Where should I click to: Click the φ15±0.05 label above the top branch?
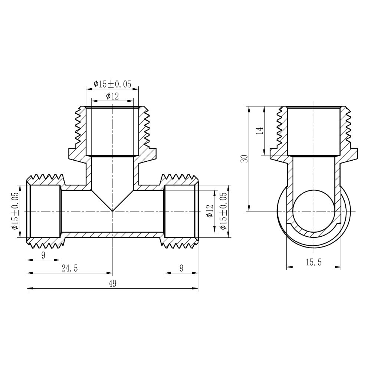pos(112,84)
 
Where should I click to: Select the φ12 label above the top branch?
pos(112,96)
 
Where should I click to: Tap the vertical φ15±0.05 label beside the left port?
pos(15,211)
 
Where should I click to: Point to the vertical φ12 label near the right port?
pos(210,211)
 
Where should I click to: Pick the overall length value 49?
pos(112,284)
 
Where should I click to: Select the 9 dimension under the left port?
pos(43,255)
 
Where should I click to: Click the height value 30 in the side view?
pos(244,159)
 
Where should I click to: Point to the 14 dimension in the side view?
pos(260,131)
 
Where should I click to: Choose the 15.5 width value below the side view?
pos(313,262)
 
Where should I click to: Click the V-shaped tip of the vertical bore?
pos(112,210)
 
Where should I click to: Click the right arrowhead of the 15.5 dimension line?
pos(339,267)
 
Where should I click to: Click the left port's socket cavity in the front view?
pos(45,211)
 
